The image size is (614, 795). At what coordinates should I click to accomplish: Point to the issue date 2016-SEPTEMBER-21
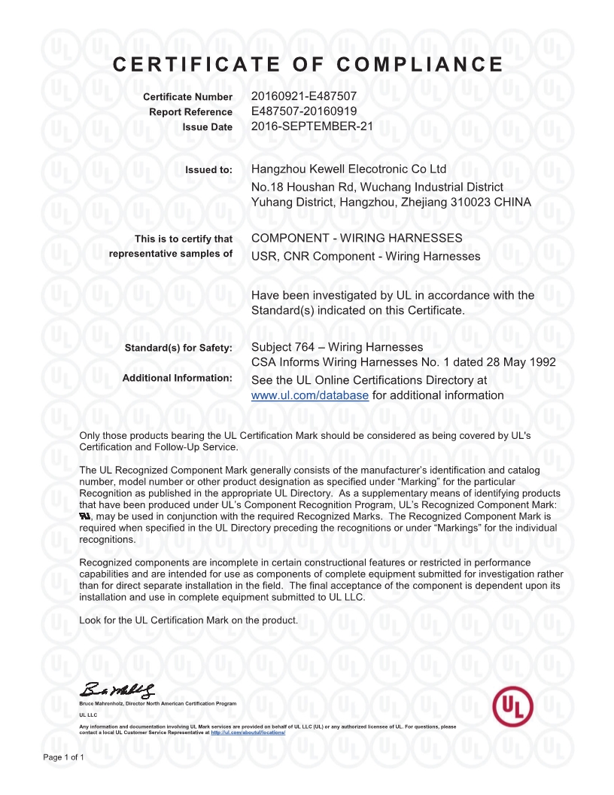tap(312, 126)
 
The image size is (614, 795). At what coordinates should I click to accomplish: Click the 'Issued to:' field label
tap(209, 169)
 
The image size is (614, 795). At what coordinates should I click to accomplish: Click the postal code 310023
tap(476, 202)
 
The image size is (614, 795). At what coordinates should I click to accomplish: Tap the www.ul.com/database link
tap(309, 395)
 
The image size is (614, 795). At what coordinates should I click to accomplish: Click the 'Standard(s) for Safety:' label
tap(178, 347)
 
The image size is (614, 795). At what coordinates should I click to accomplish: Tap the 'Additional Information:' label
tap(178, 377)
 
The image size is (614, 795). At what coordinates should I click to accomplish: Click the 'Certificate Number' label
tap(188, 98)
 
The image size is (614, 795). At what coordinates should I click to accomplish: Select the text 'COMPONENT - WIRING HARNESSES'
tap(357, 239)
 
